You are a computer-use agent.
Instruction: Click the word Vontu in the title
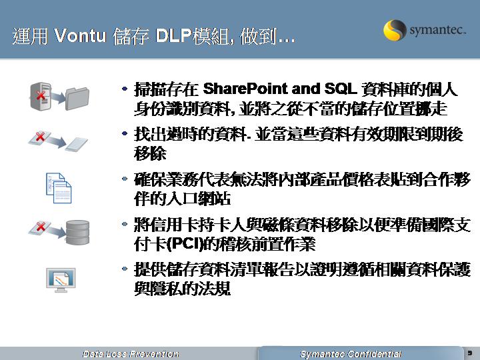point(80,35)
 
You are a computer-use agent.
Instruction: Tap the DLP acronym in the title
point(173,35)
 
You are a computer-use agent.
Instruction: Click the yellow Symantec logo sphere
point(395,30)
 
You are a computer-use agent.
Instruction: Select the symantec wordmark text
point(438,30)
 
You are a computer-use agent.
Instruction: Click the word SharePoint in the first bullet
point(245,89)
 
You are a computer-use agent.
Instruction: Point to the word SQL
point(341,89)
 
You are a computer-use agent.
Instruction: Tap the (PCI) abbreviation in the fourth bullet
point(185,244)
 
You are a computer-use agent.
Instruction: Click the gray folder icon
point(77,99)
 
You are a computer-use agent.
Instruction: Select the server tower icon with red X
point(41,95)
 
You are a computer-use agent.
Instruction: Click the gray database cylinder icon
point(78,233)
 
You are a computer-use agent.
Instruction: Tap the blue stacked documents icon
point(59,188)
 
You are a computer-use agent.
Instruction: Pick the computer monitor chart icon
point(61,280)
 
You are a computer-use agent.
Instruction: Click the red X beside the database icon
point(41,227)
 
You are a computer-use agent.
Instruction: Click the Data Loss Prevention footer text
point(131,354)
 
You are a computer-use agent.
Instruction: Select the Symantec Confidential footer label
point(351,354)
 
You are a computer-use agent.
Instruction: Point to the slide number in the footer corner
point(470,353)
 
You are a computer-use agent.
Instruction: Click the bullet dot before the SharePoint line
point(125,89)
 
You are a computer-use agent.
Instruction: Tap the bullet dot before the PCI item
point(125,224)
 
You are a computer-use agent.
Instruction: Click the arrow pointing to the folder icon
point(57,97)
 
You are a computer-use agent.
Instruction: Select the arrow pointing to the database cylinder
point(57,231)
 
